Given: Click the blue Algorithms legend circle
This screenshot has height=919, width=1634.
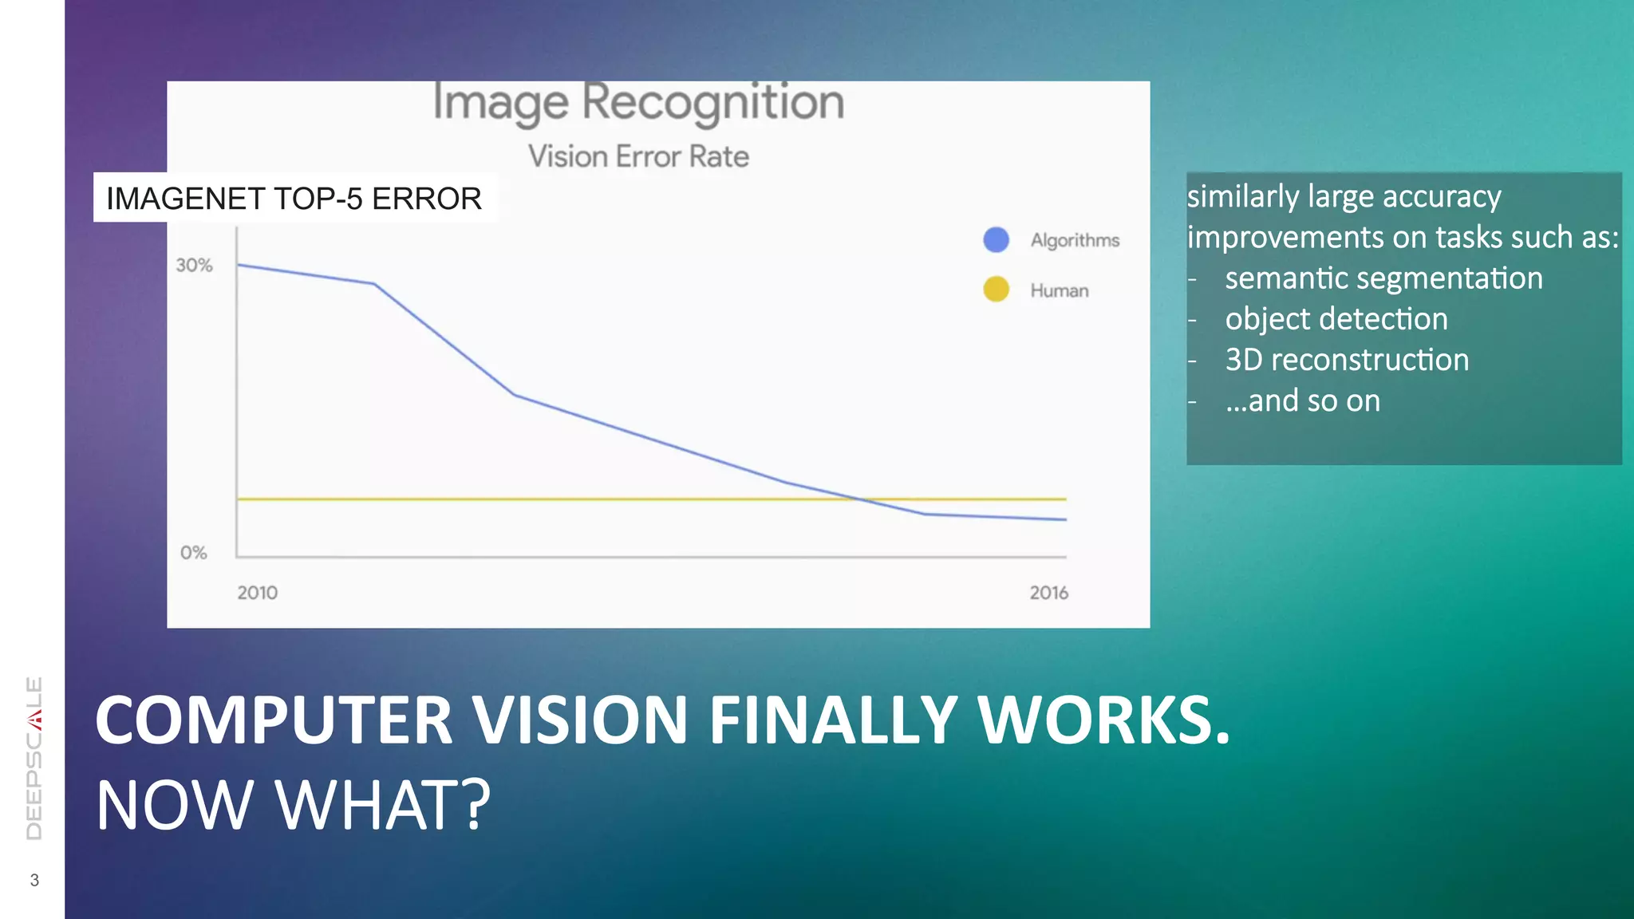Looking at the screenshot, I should coord(996,239).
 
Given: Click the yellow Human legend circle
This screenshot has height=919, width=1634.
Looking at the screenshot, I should coord(996,289).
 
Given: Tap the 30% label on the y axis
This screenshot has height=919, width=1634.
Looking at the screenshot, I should coord(194,266).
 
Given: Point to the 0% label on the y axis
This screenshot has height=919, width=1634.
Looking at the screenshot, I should coord(193,552).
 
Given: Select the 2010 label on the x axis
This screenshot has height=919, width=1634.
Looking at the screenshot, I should coord(257,593).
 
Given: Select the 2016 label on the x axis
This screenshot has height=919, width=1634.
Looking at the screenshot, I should coord(1048,593).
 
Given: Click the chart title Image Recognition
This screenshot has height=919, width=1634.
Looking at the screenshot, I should coord(638,103).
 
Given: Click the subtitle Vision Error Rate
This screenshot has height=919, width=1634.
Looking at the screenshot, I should coord(638,156).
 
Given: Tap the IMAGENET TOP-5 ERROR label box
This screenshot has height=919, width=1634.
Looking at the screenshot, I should coord(294,198).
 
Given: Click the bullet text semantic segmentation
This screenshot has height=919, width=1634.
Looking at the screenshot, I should coord(1383,278).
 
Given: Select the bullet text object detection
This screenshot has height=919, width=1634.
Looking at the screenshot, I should coord(1336,319).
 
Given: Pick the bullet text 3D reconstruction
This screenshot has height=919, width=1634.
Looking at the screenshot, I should coord(1347,360).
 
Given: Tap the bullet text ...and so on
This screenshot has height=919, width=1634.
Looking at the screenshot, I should coord(1303,400).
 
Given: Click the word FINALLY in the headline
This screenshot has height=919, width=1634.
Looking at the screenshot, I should coord(833,720).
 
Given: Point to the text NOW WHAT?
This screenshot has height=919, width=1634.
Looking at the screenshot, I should coord(293,805).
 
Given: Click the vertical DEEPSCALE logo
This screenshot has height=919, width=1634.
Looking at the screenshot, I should coord(34,758).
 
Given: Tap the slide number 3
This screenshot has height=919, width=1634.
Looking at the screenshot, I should coord(34,880).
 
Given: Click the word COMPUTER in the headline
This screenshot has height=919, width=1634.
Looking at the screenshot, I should coord(274,720).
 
